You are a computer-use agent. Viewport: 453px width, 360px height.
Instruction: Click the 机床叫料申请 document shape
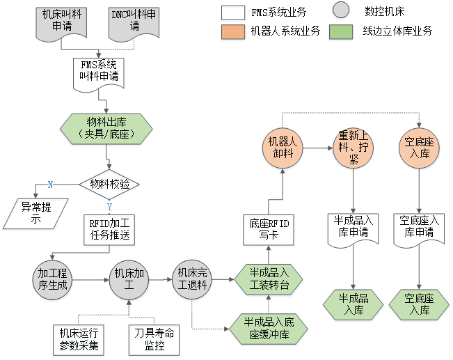tap(61, 21)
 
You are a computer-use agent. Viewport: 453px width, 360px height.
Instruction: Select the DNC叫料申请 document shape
tap(134, 21)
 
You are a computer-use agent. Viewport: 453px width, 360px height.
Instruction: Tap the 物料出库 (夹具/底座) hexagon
tap(106, 128)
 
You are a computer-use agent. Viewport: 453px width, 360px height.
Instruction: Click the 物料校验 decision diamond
tap(110, 185)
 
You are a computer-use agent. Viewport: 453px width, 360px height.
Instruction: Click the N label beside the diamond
tap(49, 184)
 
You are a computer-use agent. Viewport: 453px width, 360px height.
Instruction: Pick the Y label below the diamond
tap(109, 206)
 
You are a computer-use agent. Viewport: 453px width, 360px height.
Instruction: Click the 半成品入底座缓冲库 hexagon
tap(269, 327)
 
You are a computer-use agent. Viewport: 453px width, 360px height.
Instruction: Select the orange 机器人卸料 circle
tap(283, 148)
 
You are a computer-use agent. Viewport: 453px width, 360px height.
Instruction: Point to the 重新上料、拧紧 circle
tap(353, 148)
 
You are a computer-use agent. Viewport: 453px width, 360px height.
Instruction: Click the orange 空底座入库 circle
tap(419, 148)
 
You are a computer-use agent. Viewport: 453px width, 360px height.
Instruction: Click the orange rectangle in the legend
tap(232, 33)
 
